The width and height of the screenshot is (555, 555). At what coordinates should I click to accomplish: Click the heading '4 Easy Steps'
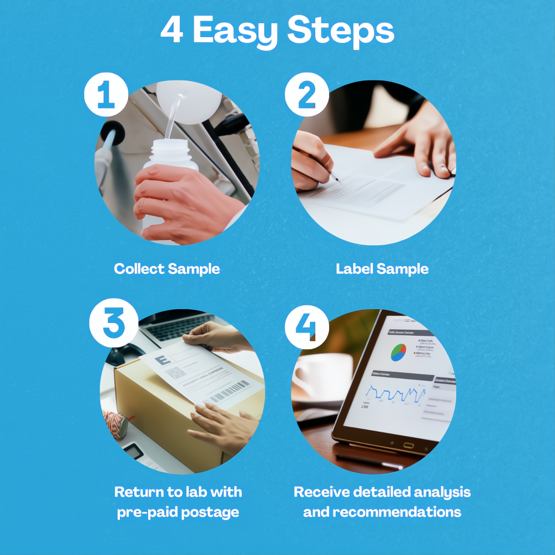coord(277,32)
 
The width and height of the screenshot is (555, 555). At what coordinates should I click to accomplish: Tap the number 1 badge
coord(106,94)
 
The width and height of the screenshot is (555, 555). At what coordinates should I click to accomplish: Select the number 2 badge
coord(306,94)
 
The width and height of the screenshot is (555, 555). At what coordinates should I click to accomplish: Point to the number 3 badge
coord(113,323)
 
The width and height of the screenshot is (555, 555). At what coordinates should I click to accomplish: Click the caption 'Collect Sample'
coord(167,269)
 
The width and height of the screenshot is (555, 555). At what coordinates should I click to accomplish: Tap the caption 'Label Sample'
coord(382,269)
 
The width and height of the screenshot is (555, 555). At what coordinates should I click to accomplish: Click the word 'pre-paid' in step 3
coord(143,512)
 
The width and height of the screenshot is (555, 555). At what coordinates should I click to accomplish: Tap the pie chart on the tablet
coord(398,352)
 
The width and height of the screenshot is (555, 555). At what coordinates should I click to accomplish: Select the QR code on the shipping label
coord(176,372)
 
